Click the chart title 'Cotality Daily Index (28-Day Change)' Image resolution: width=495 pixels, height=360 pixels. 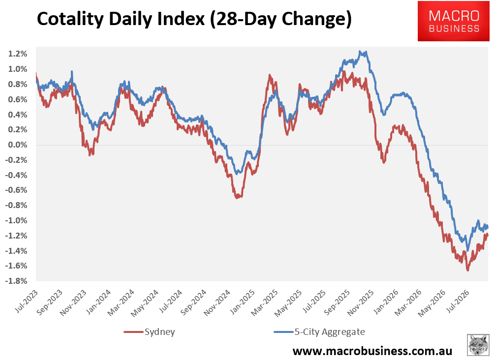tap(194, 19)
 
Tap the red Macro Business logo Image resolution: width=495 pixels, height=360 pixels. tap(453, 21)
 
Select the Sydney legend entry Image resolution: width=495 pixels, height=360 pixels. tap(149, 332)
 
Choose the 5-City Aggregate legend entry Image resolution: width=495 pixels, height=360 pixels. tap(319, 332)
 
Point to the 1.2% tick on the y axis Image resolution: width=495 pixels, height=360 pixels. tap(18, 54)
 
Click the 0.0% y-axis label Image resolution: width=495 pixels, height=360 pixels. tap(18, 145)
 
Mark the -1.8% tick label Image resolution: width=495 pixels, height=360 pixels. tap(16, 281)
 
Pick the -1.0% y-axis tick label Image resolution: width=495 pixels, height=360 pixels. tap(16, 220)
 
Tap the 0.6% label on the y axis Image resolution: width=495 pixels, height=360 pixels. tap(18, 99)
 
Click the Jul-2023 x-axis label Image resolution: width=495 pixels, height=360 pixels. tap(27, 301)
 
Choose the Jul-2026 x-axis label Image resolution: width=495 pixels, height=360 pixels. tap(458, 301)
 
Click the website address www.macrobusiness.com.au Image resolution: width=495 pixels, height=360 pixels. tap(372, 351)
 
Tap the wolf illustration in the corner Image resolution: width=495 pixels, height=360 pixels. tap(478, 345)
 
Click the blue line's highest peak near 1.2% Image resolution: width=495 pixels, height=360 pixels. tap(360, 51)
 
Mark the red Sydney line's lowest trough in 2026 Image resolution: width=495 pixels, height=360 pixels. tap(467, 270)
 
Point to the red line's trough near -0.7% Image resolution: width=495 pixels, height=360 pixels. tap(237, 198)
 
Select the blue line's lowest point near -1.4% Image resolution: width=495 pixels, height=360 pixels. tap(467, 250)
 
